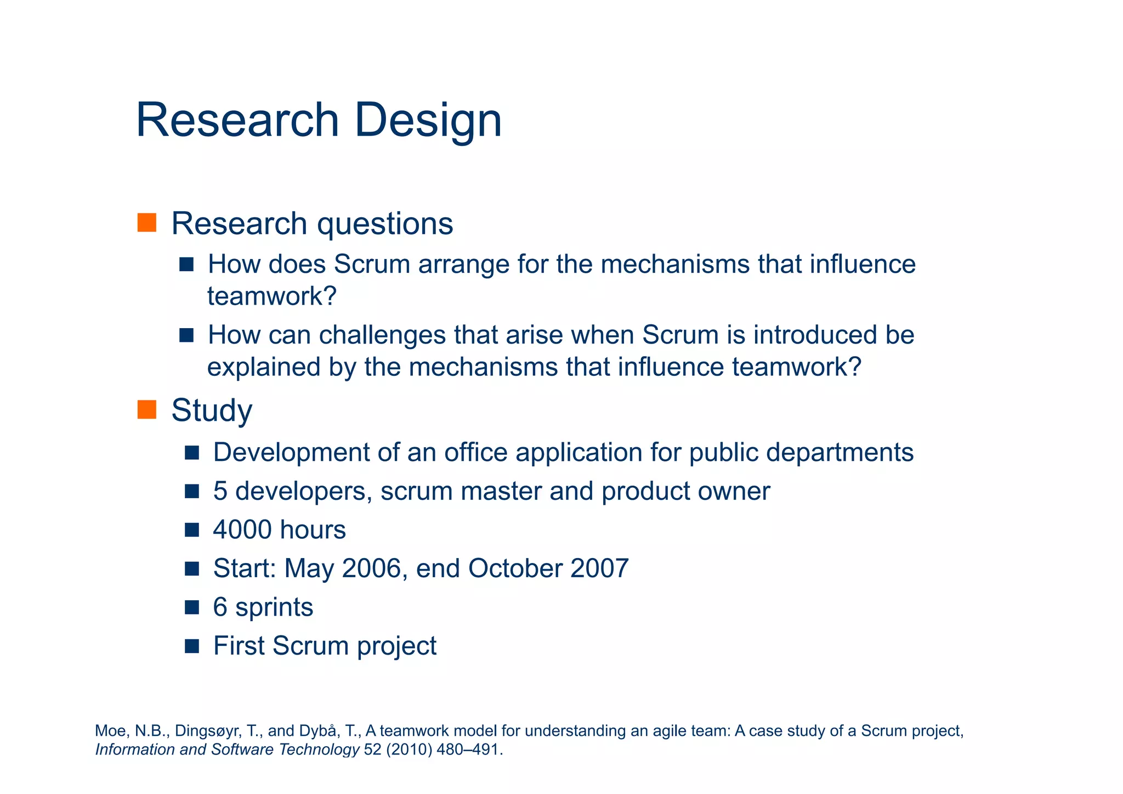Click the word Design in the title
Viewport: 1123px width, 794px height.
pyautogui.click(x=428, y=121)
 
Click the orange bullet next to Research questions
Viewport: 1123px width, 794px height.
pyautogui.click(x=147, y=223)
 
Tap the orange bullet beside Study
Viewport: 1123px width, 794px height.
pyautogui.click(x=147, y=409)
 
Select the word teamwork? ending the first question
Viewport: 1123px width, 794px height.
pyautogui.click(x=271, y=297)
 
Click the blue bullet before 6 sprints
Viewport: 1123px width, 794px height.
pyautogui.click(x=192, y=607)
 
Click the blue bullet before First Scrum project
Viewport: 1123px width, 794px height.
pyautogui.click(x=192, y=646)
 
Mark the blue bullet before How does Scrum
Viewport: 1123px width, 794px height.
pyautogui.click(x=186, y=264)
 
